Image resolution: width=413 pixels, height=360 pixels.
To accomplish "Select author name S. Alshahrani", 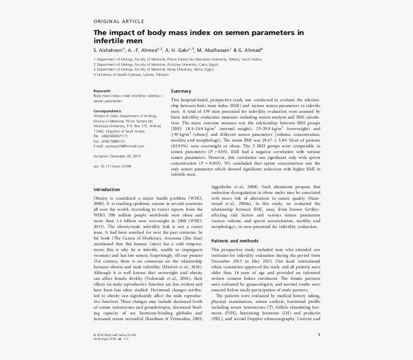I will coord(109,49).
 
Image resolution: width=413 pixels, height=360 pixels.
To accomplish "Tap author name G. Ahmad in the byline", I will coord(249,49).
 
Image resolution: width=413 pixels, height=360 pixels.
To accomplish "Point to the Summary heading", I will coord(181,91).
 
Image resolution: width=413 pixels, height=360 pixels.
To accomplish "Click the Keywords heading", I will coord(102,91).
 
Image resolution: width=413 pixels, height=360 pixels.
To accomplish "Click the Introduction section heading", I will coord(107,189).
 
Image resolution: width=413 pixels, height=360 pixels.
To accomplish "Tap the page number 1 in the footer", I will coord(319,334).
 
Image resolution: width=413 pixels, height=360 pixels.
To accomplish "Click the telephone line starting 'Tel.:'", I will coord(111,136).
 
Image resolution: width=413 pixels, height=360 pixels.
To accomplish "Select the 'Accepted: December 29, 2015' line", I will coord(117,156).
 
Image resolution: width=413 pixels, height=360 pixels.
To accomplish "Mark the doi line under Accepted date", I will coord(112,166).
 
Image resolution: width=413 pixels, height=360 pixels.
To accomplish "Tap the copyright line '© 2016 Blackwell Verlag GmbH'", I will coord(115,334).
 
